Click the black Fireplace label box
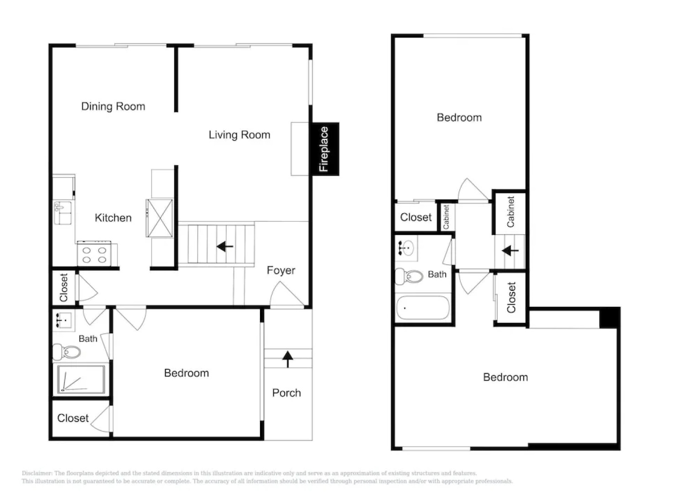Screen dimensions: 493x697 pos(325,149)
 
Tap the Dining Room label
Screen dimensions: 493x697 pos(113,106)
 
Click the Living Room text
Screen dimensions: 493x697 pos(239,135)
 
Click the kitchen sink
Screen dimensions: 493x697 pos(62,213)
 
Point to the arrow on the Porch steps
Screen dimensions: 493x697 pos(287,359)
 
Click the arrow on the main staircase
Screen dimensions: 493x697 pos(225,247)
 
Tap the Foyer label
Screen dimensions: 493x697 pos(281,270)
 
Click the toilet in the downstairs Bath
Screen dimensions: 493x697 pos(67,351)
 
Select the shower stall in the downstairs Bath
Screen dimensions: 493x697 pos(81,379)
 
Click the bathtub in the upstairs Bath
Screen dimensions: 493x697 pos(423,308)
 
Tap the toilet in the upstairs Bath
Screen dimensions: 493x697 pos(409,276)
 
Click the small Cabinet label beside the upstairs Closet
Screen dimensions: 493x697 pos(446,216)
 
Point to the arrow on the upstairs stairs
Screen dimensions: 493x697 pos(510,251)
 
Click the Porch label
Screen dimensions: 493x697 pos(286,393)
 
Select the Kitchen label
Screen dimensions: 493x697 pos(113,218)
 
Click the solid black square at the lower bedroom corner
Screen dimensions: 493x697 pos(609,318)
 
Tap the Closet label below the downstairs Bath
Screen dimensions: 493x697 pos(73,418)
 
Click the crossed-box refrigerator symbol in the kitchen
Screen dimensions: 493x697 pos(160,218)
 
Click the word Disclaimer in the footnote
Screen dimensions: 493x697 pos(37,473)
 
